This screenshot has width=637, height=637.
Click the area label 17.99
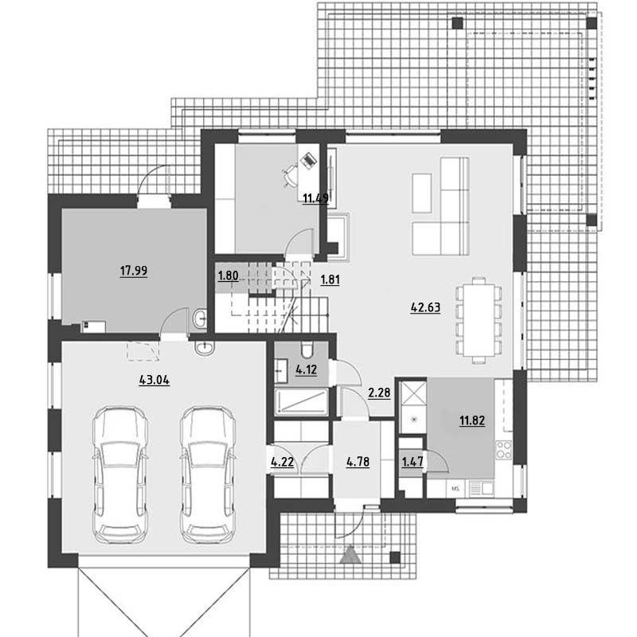(134, 271)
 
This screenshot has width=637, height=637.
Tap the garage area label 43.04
(154, 381)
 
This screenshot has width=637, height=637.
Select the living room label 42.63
(425, 307)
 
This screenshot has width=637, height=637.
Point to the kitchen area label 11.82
(472, 420)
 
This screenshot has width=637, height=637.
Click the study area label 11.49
(315, 198)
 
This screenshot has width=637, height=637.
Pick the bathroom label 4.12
(306, 369)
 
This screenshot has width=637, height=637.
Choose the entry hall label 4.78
(358, 462)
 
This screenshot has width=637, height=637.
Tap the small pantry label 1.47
(412, 462)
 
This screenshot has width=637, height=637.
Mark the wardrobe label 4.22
(283, 462)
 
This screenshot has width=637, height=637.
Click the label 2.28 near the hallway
(379, 393)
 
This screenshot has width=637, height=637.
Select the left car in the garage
(120, 475)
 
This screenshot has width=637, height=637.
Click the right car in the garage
(208, 475)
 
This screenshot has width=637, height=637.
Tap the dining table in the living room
(479, 320)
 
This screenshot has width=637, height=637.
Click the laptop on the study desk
(308, 160)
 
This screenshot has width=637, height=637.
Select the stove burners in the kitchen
(504, 450)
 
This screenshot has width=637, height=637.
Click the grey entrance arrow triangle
(350, 554)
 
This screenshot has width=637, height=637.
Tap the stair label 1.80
(229, 276)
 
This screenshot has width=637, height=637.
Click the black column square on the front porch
(395, 557)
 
